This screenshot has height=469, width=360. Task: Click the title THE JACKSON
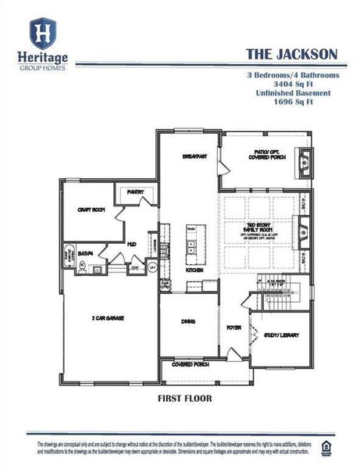tap(291, 54)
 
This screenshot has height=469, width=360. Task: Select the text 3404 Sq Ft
tap(292, 84)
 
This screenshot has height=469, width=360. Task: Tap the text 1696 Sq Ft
tap(292, 102)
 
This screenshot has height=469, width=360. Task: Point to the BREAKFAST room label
tap(194, 156)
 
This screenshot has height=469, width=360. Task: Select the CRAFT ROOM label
tap(91, 209)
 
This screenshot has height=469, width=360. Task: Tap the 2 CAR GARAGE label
tap(109, 317)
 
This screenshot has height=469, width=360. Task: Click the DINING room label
tap(189, 321)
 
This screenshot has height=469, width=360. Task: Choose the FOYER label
tap(233, 328)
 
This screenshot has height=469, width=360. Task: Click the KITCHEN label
tap(194, 270)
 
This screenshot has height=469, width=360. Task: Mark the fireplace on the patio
tap(305, 162)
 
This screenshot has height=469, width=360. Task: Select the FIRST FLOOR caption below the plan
tap(184, 397)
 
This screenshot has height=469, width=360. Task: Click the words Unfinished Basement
tap(292, 93)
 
